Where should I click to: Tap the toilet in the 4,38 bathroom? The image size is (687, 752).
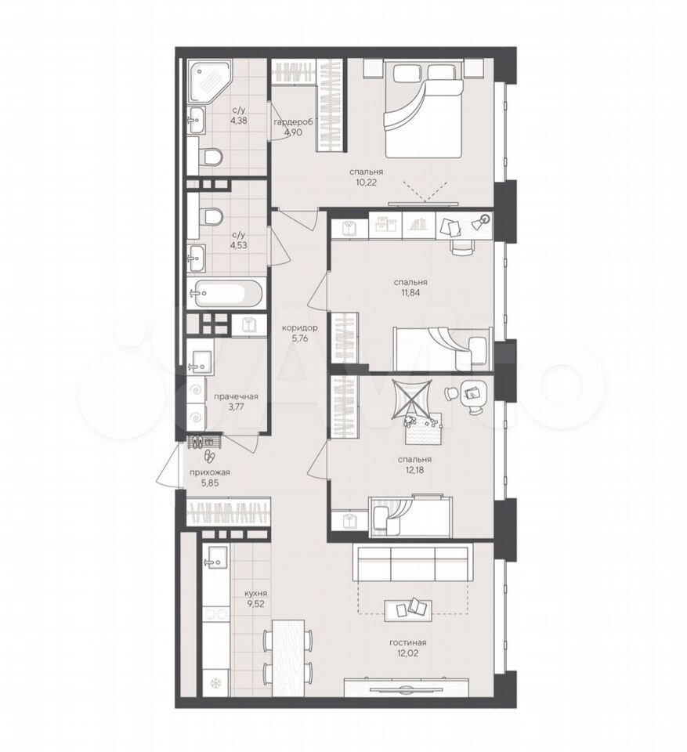(x=209, y=157)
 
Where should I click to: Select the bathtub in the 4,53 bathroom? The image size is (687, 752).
(x=225, y=292)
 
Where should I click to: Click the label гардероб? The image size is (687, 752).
(x=293, y=122)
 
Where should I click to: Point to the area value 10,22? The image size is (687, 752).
(x=366, y=183)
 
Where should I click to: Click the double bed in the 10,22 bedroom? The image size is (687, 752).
(x=423, y=110)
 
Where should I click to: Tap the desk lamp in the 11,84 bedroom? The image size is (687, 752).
(x=481, y=222)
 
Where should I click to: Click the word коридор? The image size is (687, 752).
(x=300, y=328)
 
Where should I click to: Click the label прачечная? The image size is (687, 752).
(x=236, y=396)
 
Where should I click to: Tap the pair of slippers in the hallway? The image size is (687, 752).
(x=210, y=457)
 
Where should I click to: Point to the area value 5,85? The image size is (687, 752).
(x=210, y=484)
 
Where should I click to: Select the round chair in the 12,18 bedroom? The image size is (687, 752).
(x=451, y=393)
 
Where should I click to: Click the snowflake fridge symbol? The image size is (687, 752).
(x=214, y=683)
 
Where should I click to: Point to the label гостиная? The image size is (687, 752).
(x=409, y=642)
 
